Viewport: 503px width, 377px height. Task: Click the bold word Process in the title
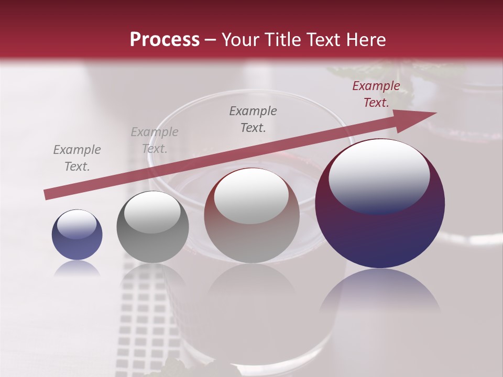[x=165, y=40]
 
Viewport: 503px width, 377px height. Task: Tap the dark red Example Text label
[x=376, y=94]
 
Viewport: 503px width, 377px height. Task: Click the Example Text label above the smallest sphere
[x=77, y=158]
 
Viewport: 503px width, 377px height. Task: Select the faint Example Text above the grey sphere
[x=155, y=140]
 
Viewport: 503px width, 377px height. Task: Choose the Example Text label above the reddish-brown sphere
[x=253, y=119]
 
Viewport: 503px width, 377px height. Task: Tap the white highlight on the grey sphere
[x=152, y=212]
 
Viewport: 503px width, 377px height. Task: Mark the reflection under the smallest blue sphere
[x=77, y=269]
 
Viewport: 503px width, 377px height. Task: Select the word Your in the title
[x=239, y=40]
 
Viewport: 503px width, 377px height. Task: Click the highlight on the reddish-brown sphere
[x=251, y=196]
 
